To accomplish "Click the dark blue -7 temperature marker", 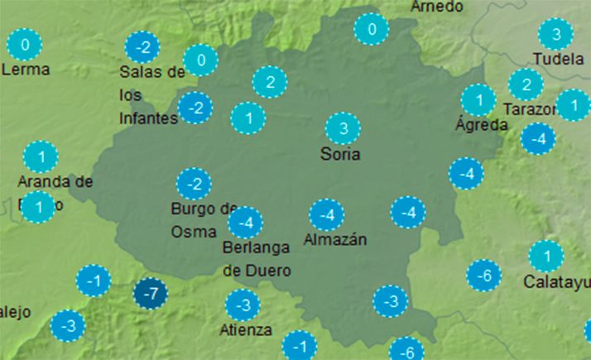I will pos(151,294).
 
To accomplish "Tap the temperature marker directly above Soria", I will pos(343,128).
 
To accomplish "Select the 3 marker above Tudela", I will pos(555,35).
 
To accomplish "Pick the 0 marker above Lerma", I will pos(26,44).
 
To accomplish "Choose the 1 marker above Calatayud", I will pos(545,255).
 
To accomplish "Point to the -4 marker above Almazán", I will pos(327,215).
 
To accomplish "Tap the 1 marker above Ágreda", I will pos(478,100).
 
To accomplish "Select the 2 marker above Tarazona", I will pos(525,84).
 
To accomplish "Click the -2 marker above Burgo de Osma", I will pos(195,183).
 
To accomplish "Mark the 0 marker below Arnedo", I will pos(371,30).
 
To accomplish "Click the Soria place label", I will pos(342,154).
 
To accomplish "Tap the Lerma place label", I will pos(26,70).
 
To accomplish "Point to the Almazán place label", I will pos(334,241).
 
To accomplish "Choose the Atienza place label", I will pos(246,330).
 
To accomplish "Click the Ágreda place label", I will pos(482,126).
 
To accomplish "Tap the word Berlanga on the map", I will pos(255,247).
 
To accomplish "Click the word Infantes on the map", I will pos(148,118).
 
